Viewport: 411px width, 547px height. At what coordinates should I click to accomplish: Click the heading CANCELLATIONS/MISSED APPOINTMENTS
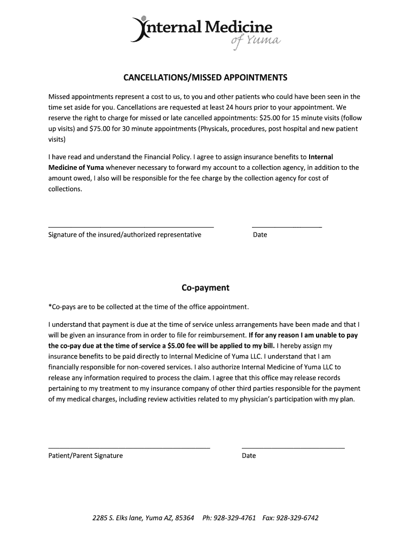205,77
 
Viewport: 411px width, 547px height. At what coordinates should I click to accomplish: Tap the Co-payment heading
205,288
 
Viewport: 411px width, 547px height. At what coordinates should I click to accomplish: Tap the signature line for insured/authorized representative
131,227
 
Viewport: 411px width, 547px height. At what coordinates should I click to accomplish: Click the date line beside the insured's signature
286,227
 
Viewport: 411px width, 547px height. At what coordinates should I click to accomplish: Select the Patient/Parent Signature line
129,447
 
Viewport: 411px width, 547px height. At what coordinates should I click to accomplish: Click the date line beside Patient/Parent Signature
293,447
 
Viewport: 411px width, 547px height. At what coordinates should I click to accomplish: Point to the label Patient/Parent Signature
85,456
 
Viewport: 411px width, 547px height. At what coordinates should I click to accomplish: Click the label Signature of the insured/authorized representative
125,235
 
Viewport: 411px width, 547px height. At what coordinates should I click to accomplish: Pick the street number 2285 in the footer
100,518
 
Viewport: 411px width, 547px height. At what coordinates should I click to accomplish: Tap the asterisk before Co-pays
50,306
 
